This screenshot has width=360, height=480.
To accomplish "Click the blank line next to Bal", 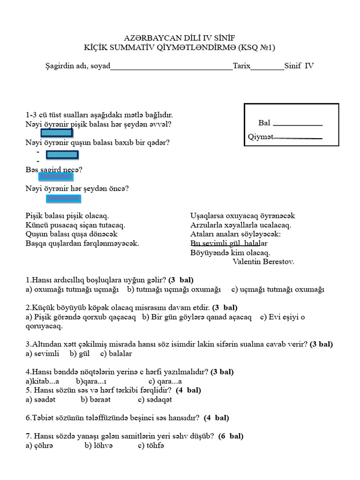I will (297, 124).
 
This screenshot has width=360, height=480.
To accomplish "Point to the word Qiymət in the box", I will (260, 137).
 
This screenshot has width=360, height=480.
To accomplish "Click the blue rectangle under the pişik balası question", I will (56, 133).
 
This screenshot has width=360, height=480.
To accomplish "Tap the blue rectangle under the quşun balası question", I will (62, 155).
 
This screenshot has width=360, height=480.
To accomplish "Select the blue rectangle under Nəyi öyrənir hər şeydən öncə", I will (64, 199).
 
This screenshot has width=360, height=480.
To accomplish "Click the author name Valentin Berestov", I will (263, 262).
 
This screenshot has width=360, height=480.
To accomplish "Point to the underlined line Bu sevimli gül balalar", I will (229, 244).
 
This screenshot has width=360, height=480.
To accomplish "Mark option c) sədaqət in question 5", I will (155, 399).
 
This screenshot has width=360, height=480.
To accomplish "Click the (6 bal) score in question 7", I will (230, 436).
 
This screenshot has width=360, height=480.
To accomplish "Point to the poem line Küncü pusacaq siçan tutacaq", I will (75, 225).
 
